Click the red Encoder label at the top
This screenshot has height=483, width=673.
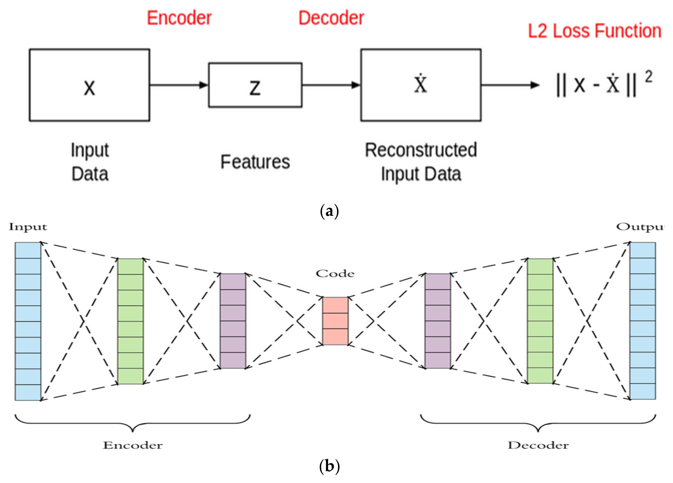(179, 18)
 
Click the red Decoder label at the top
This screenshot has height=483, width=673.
(331, 18)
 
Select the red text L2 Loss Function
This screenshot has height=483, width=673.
(594, 31)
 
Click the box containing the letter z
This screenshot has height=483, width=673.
(255, 85)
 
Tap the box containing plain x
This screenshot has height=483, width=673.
(89, 85)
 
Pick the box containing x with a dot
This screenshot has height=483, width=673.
(421, 85)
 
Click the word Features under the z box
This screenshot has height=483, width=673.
(255, 162)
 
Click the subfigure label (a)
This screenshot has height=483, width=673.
(329, 211)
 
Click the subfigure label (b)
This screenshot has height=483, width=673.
(329, 466)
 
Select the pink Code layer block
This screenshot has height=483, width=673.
(335, 321)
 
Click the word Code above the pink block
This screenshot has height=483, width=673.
(335, 273)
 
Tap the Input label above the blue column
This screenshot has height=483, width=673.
(28, 227)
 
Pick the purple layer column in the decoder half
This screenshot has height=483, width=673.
(438, 321)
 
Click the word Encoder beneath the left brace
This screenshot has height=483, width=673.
(133, 445)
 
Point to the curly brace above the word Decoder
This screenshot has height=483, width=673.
(538, 423)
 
